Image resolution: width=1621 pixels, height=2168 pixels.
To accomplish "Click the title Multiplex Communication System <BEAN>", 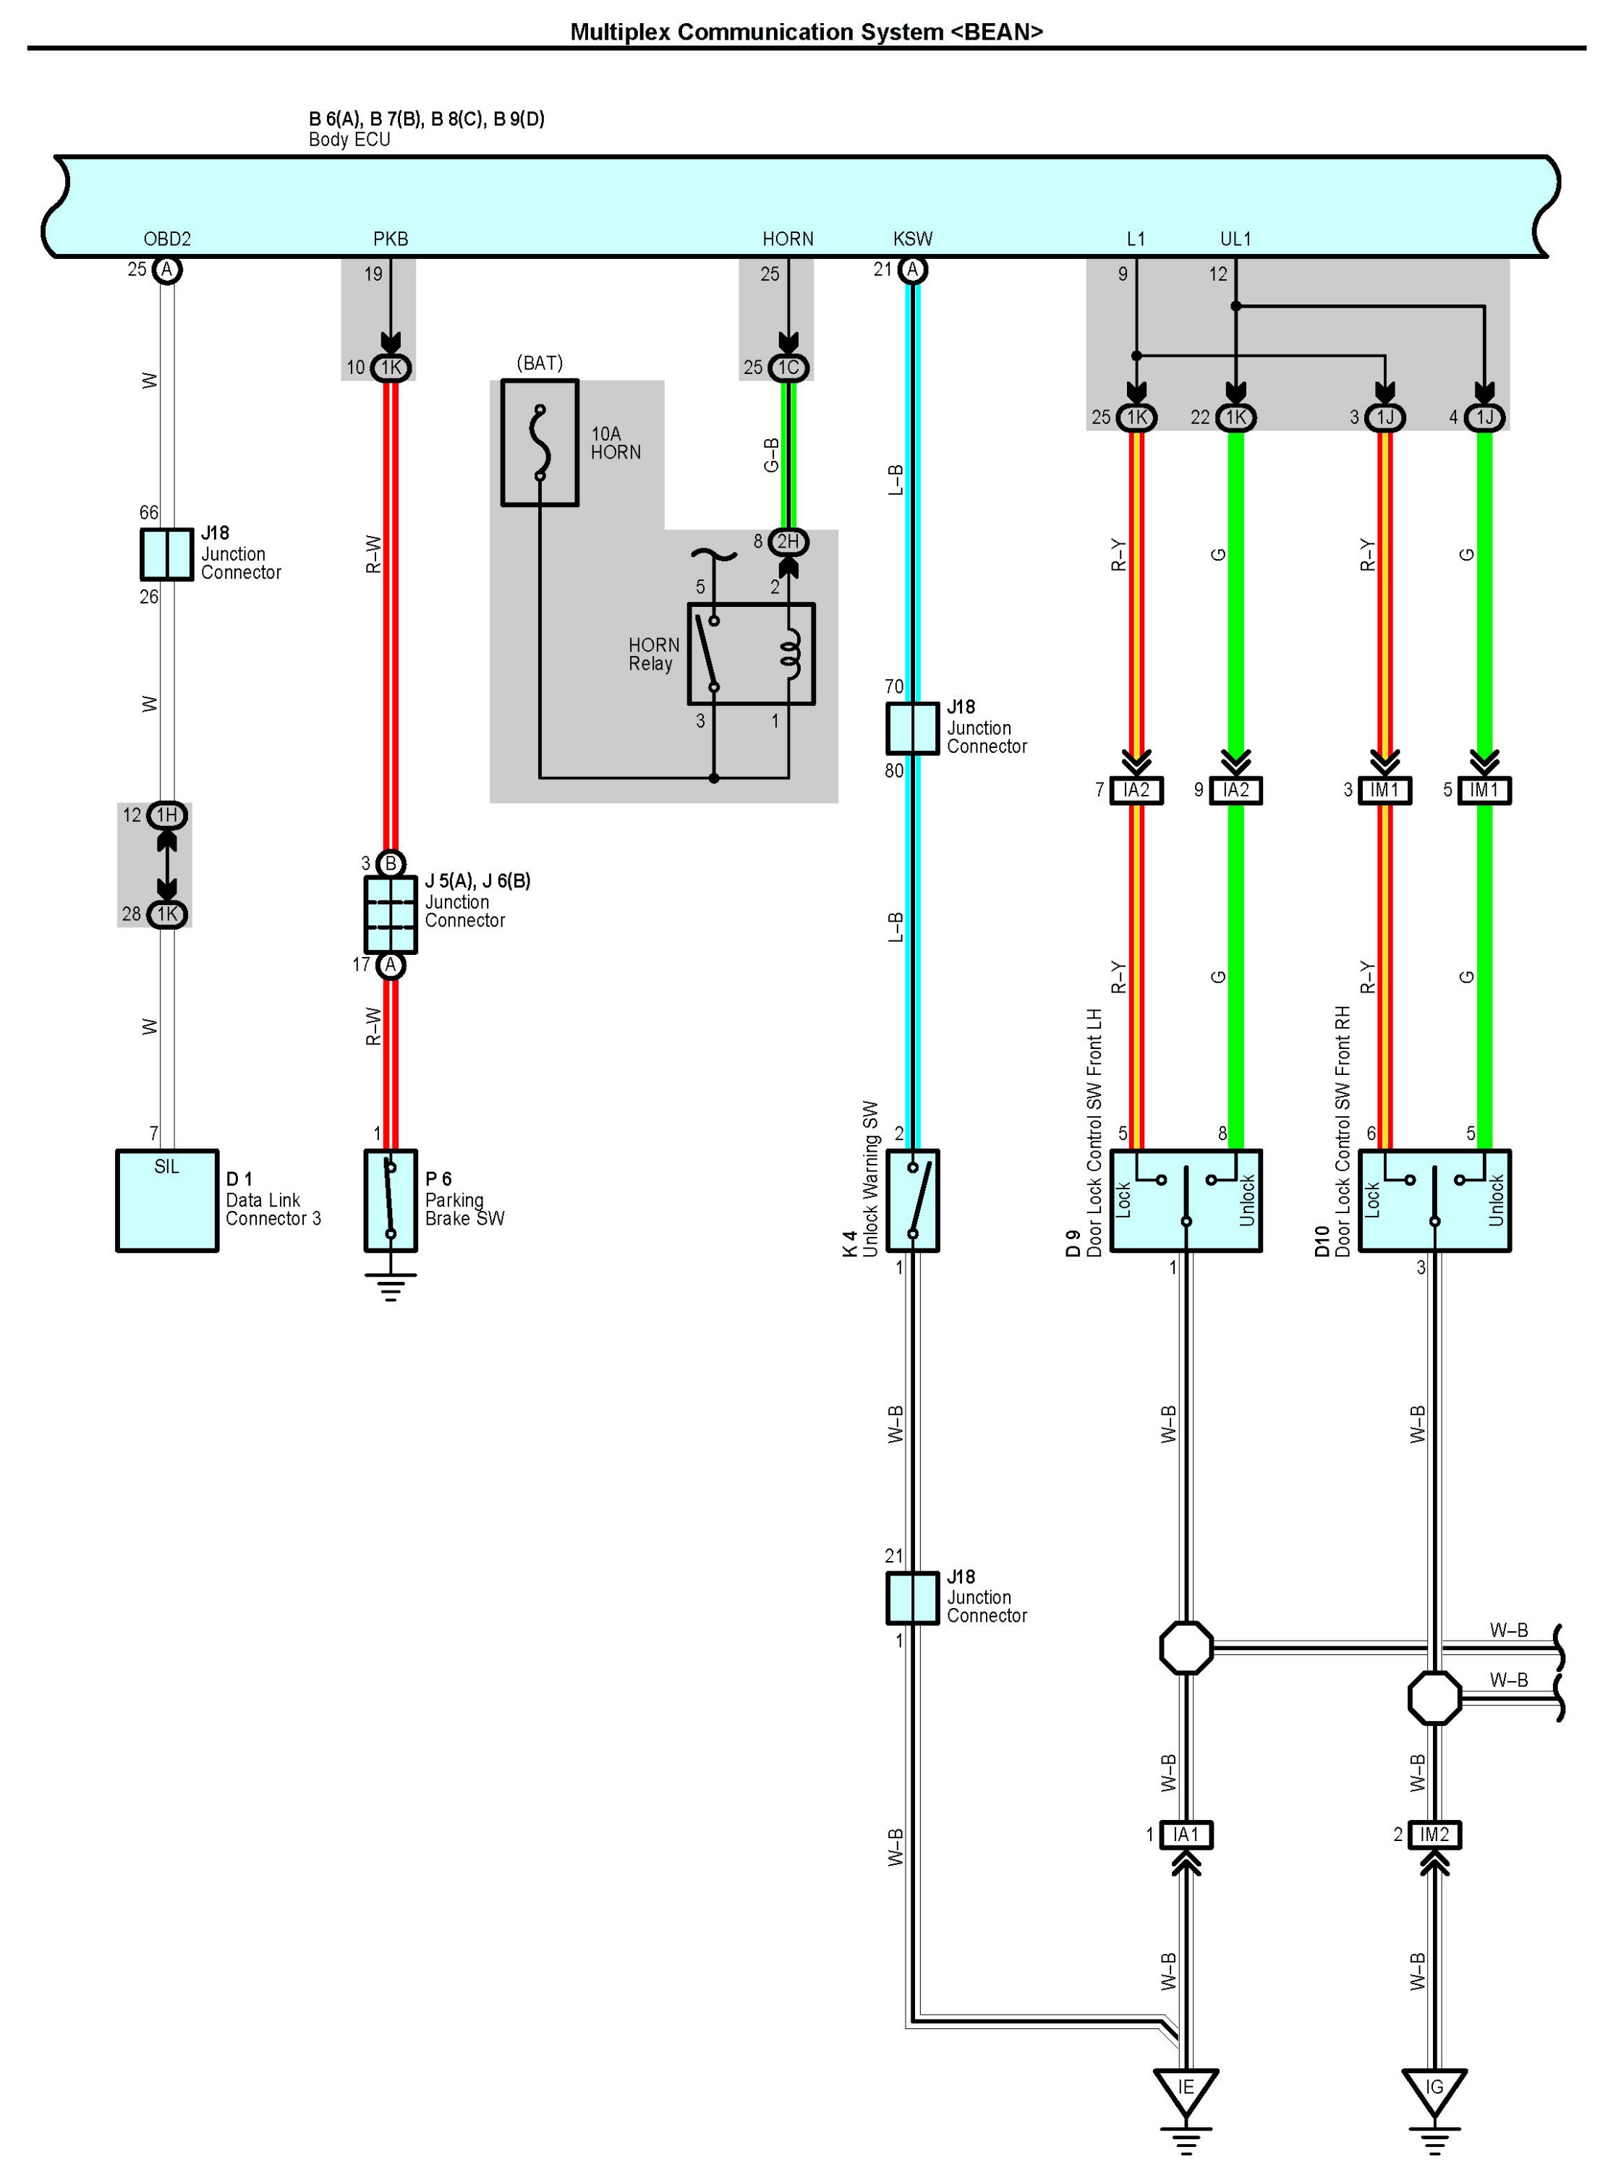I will (806, 33).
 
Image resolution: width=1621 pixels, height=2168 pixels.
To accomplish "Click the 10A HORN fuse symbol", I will (539, 443).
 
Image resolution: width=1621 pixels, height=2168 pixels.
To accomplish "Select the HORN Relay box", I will (751, 654).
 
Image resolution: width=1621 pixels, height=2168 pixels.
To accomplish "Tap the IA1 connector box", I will (1186, 1835).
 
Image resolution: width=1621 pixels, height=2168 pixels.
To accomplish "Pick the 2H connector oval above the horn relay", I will (788, 541).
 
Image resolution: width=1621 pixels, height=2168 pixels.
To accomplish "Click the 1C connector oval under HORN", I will (788, 367).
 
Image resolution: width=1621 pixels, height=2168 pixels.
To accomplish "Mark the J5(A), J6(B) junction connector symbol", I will (390, 914).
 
